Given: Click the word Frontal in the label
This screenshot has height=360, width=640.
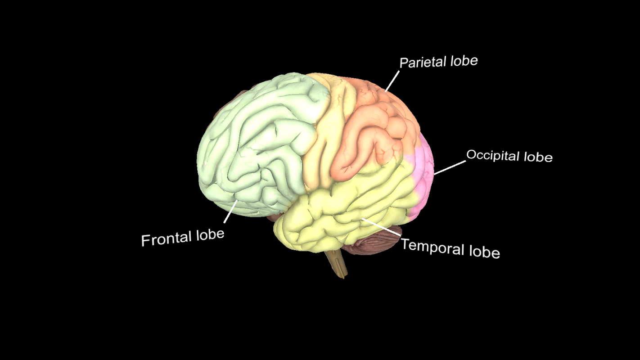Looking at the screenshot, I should click(x=167, y=238).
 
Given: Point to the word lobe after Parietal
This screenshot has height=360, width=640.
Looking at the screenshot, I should click(x=463, y=61).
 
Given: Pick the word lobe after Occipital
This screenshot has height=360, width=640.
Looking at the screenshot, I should click(x=538, y=157).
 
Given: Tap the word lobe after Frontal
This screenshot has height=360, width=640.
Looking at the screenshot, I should click(x=210, y=235).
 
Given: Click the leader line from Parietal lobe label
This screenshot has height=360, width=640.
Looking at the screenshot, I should click(x=392, y=81).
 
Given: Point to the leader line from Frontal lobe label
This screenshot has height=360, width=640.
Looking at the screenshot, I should click(x=230, y=211).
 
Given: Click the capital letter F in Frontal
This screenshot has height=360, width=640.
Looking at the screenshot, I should click(x=145, y=240).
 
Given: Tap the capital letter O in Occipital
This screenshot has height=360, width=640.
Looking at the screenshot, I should click(x=471, y=154).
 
